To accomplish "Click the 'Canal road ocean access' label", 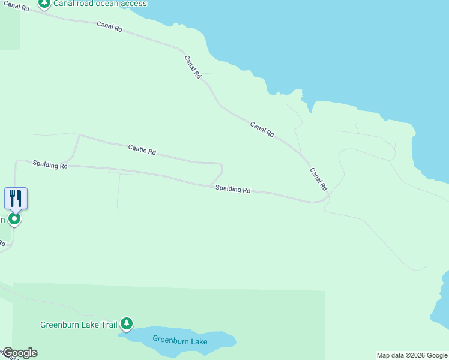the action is (x=100, y=4).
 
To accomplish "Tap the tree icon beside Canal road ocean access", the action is (x=44, y=3).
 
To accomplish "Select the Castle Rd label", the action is (x=142, y=149).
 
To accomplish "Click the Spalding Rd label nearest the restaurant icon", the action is (x=50, y=164).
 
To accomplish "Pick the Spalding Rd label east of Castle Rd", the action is (x=233, y=189).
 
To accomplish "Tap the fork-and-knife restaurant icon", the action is (x=16, y=198).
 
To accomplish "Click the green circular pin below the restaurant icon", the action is (x=14, y=219).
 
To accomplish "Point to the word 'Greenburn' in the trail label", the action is (x=60, y=325).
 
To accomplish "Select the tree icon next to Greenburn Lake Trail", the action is (x=126, y=324).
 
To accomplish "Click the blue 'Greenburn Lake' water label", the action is (x=179, y=341).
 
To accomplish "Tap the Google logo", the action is (x=19, y=353).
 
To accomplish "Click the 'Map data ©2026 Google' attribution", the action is (x=412, y=355).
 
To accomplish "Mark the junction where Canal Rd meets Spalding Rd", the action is (x=327, y=196).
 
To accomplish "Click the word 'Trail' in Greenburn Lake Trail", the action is (x=109, y=325).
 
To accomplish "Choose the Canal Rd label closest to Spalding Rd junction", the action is (x=318, y=179).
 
